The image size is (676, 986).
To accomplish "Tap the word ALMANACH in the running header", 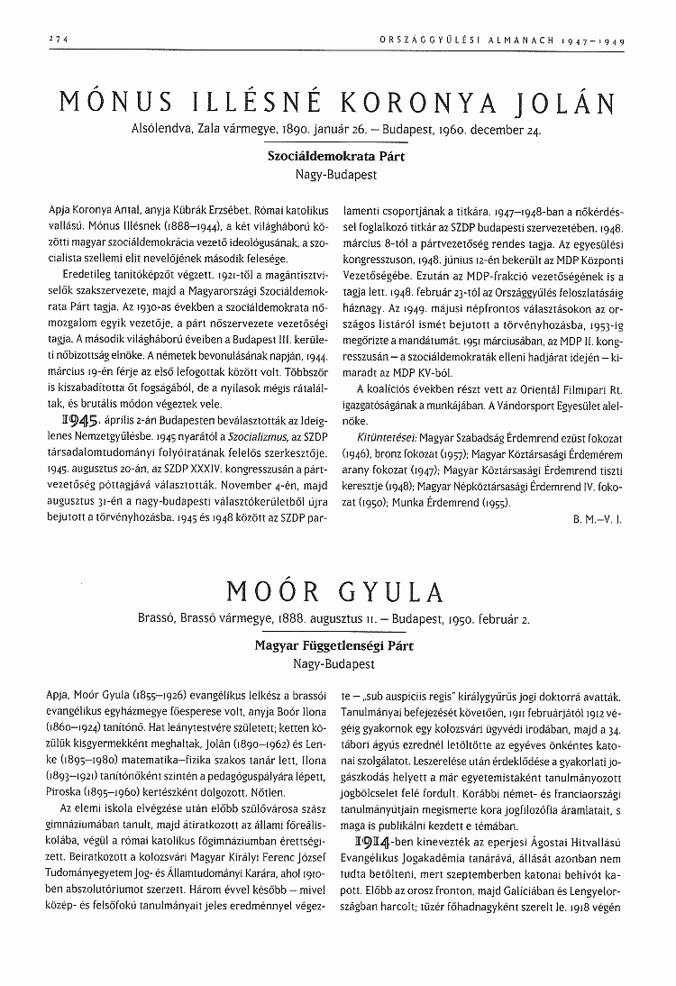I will tap(515, 41).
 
